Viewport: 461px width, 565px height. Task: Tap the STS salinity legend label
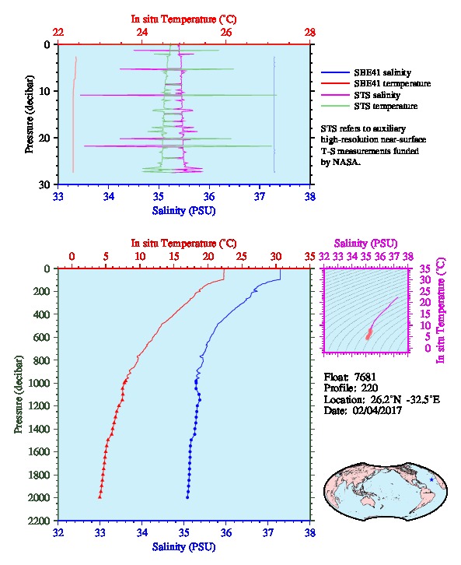(377, 95)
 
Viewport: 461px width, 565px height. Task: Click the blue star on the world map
(431, 479)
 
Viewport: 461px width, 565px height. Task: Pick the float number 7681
(365, 377)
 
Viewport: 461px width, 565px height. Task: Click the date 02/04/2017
(377, 410)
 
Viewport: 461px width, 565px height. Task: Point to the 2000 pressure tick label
(39, 497)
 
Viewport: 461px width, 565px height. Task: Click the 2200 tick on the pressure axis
(39, 521)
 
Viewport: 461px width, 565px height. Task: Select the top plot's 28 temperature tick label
(310, 33)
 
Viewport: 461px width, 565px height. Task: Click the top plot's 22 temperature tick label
(58, 33)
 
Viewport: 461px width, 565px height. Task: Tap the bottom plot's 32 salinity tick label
(58, 532)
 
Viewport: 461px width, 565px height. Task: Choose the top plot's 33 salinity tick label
(58, 196)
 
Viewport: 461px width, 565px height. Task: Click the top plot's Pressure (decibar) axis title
(30, 114)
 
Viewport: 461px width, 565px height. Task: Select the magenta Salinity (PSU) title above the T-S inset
(365, 244)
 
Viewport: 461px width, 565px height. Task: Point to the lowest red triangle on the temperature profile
(100, 497)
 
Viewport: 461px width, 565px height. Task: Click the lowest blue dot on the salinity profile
(187, 497)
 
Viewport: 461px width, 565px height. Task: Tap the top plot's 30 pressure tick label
(45, 184)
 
